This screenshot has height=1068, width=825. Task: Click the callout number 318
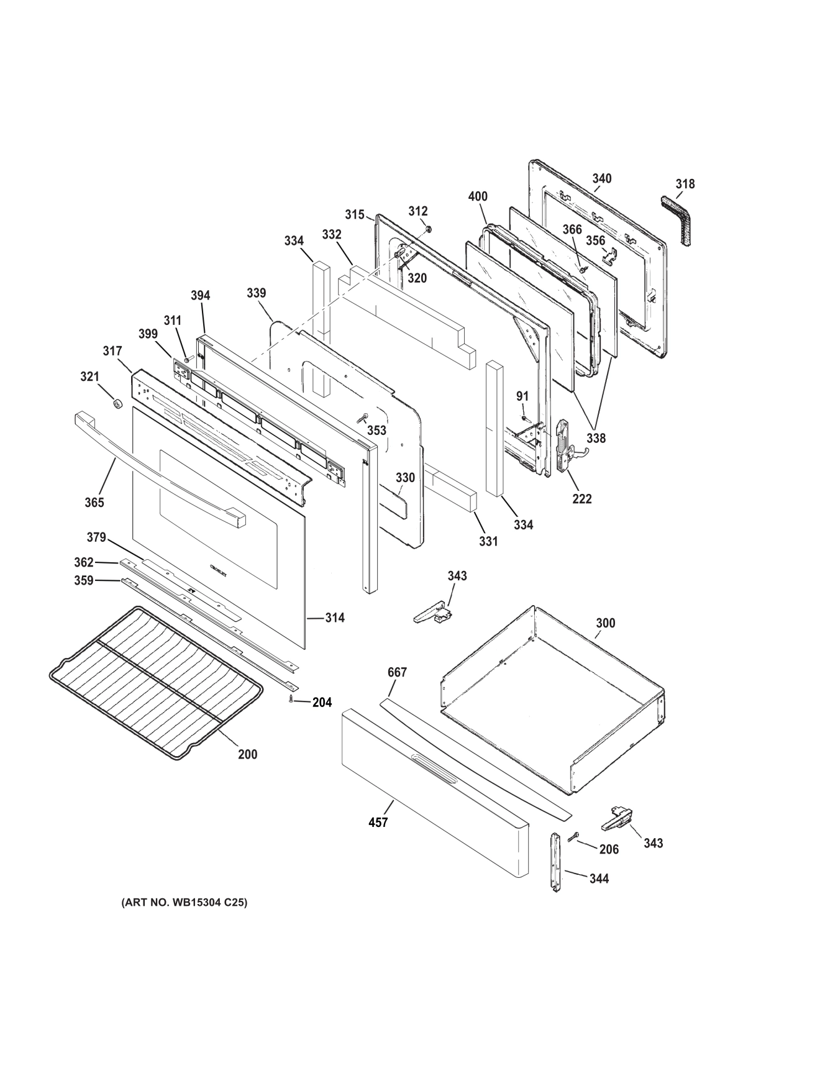coord(685,184)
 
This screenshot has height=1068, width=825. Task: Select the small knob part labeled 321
coord(116,404)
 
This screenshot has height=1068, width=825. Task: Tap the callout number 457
coord(378,822)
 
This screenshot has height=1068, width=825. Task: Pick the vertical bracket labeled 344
coord(555,862)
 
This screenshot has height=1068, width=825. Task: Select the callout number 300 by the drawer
coord(605,623)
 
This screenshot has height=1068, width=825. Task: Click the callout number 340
coord(601,179)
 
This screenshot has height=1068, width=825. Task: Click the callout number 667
coord(397,672)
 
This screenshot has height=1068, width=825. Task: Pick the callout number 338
coord(596,438)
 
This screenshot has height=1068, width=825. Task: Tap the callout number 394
coord(200,295)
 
